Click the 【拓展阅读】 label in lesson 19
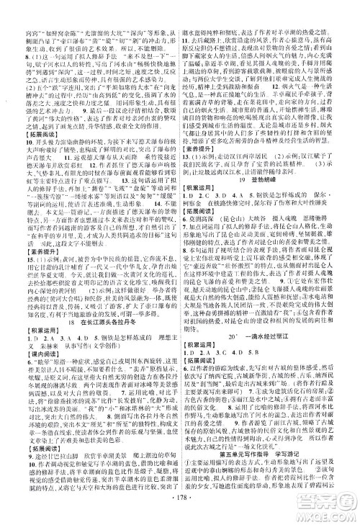(203, 212)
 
